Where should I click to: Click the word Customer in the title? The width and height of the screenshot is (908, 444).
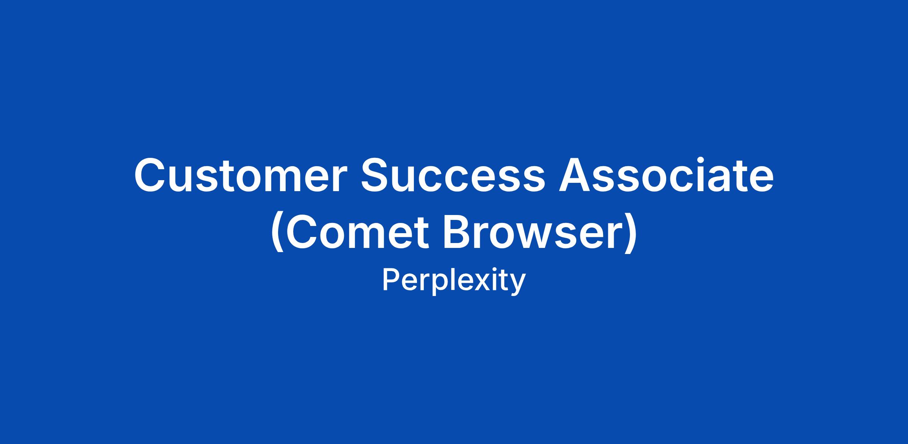pos(241,175)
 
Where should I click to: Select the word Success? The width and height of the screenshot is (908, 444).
pos(453,175)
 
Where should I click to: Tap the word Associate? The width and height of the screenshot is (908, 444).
pos(666,175)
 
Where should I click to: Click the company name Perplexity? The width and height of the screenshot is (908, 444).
pos(454,281)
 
